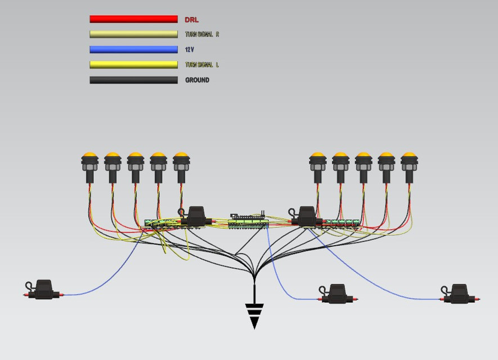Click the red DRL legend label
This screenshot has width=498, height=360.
pyautogui.click(x=192, y=20)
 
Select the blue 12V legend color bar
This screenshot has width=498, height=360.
pyautogui.click(x=133, y=49)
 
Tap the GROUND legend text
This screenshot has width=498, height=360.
pyautogui.click(x=197, y=80)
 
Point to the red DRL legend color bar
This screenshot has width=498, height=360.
pyautogui.click(x=133, y=19)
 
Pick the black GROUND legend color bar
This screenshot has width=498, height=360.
pyautogui.click(x=133, y=80)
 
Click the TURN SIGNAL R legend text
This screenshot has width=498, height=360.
pyautogui.click(x=201, y=35)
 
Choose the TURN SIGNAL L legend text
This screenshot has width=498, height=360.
pyautogui.click(x=201, y=65)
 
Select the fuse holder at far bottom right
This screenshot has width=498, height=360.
pyautogui.click(x=460, y=294)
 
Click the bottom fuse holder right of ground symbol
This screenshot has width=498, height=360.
pyautogui.click(x=337, y=294)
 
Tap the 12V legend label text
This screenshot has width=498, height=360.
pyautogui.click(x=189, y=50)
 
